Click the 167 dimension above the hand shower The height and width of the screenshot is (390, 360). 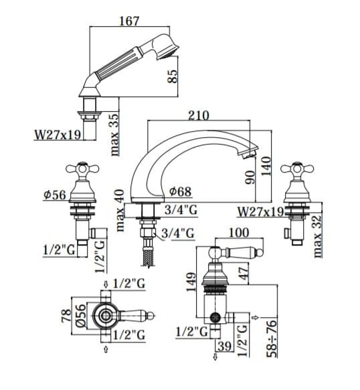129,21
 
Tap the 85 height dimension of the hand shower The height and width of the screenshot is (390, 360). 172,76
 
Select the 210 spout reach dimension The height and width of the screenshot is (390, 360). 199,116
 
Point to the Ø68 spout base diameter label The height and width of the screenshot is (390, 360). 181,191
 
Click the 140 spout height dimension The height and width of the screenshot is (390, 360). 266,166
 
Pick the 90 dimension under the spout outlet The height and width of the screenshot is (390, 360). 250,177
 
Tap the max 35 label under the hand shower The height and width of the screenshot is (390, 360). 114,134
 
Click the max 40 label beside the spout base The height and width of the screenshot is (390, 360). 119,211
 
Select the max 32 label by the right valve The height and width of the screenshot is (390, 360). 317,236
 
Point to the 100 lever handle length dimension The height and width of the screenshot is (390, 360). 239,233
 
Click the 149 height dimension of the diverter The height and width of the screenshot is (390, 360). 191,282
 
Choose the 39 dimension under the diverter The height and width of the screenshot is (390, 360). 224,347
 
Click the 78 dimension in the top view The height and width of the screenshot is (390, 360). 66,316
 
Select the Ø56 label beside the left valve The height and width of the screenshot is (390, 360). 55,195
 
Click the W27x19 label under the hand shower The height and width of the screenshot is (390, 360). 58,135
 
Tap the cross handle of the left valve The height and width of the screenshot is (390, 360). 82,170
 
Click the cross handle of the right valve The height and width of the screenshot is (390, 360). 297,170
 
